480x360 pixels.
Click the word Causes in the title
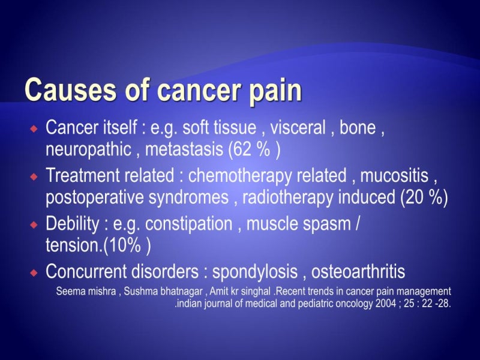70,89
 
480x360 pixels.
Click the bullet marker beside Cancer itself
34,129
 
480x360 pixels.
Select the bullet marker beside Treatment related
34,176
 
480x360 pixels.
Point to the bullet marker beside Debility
34,224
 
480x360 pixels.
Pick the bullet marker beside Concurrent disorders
34,272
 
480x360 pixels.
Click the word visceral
298,128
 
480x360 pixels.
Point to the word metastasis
184,149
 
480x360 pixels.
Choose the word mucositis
394,176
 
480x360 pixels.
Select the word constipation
188,225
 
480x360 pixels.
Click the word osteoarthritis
358,272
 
